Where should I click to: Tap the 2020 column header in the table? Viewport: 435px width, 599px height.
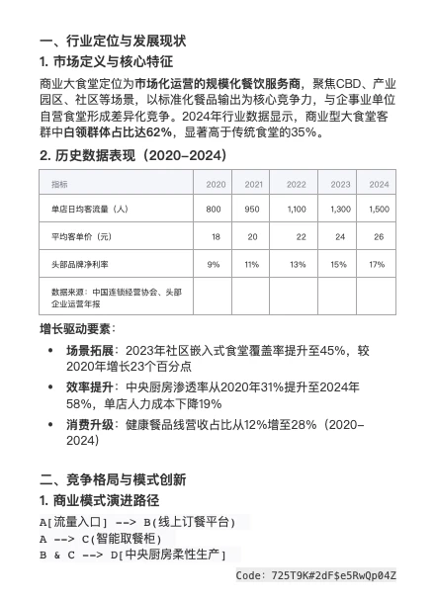point(216,185)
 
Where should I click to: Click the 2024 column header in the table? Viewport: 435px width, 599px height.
point(379,185)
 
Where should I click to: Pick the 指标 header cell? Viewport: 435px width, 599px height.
point(60,185)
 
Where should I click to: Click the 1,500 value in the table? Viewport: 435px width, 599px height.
point(379,210)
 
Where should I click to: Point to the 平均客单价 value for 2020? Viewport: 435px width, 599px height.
point(216,237)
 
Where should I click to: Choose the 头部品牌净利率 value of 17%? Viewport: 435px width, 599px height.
point(377,265)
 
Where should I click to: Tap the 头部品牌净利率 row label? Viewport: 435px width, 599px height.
point(80,265)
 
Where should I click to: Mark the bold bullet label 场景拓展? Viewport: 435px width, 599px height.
point(91,350)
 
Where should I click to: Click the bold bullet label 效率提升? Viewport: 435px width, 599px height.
point(91,387)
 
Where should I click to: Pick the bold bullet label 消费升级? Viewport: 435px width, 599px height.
point(91,424)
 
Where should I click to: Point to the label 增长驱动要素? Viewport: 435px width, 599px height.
point(76,327)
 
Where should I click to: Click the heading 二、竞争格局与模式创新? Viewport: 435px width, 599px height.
point(113,479)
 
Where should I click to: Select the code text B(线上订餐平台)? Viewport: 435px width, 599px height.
point(194,521)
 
